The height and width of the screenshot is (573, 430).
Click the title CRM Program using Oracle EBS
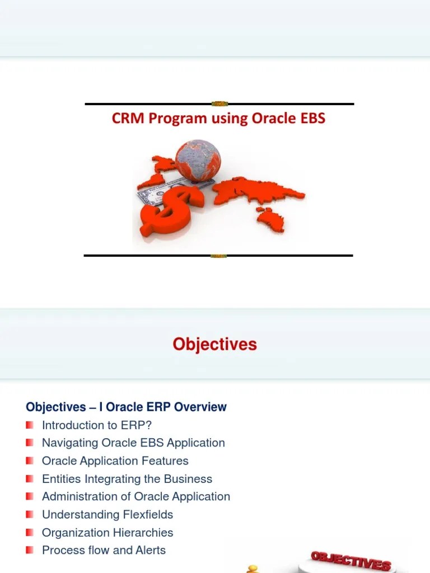[218, 119]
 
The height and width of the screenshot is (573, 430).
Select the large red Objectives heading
[214, 344]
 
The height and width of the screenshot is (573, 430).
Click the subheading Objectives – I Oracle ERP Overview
[126, 407]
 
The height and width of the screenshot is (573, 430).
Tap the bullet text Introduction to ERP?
[97, 425]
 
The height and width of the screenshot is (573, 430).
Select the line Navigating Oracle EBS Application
[133, 443]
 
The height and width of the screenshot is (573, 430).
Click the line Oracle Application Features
[115, 461]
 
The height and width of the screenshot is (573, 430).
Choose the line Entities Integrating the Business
[127, 478]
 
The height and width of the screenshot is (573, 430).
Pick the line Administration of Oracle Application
[136, 496]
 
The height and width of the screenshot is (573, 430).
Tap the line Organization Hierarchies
[107, 532]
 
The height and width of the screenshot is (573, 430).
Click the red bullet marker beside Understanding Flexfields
[30, 514]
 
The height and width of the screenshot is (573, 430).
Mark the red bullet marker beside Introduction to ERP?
[30, 425]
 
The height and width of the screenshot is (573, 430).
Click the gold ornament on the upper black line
[219, 104]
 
